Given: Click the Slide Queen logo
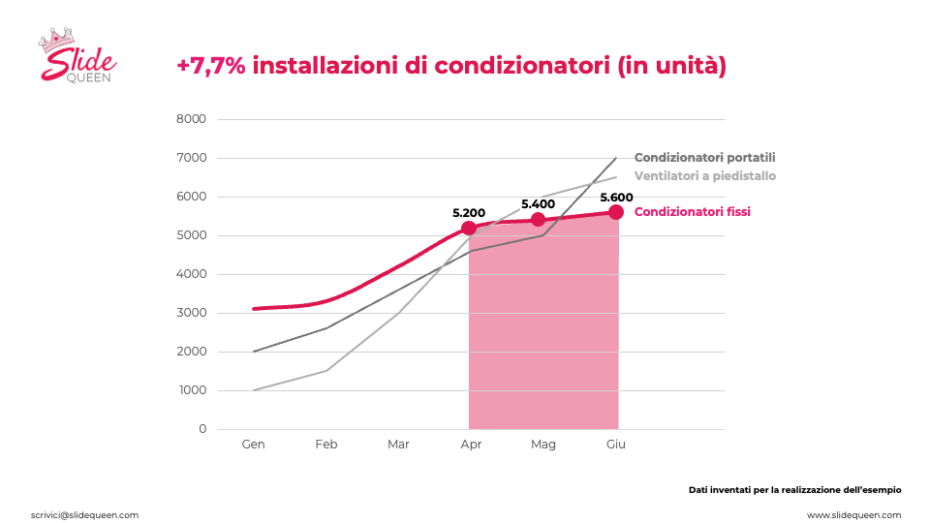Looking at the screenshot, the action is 77,54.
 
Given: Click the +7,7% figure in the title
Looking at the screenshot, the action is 210,65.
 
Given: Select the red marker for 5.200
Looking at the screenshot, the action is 469,228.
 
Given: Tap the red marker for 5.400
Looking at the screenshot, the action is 538,220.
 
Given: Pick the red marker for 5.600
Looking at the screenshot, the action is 616,212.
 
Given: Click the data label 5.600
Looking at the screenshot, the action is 616,198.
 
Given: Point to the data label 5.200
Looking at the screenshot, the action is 469,213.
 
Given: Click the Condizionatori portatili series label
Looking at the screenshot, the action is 704,158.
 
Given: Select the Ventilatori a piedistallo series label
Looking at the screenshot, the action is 704,176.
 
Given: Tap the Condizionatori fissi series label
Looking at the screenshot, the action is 692,212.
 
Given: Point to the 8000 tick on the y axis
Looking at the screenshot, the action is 191,119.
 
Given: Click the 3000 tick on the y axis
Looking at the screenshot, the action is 191,313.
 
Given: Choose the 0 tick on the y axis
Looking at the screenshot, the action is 202,429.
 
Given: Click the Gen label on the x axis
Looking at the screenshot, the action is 253,445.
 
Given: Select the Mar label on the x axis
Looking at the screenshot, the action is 398,445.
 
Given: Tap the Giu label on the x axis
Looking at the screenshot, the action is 616,445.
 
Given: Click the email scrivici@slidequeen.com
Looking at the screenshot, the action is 85,515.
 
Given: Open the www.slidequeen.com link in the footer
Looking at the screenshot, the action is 853,515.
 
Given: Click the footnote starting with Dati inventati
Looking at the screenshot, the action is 794,490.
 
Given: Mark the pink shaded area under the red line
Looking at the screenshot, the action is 543,332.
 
